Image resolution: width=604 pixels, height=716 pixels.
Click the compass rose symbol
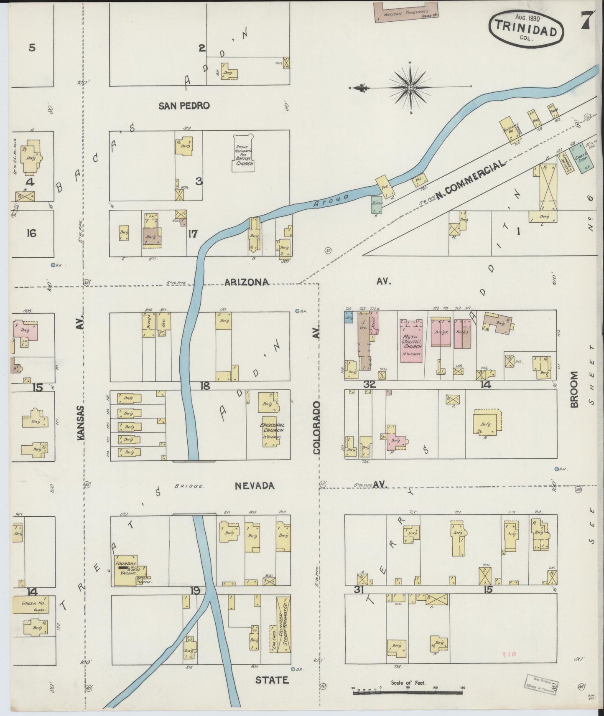tap(410, 87)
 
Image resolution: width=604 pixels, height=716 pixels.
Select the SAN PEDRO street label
tap(183, 106)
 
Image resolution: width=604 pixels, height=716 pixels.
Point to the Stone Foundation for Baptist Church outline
tap(243, 153)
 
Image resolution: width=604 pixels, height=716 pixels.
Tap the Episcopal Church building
tap(271, 431)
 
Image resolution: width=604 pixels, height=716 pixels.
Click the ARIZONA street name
tap(246, 282)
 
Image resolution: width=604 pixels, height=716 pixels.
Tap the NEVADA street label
tap(254, 486)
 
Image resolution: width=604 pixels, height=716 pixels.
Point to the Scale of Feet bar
tap(408, 692)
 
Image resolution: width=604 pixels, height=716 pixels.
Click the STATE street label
tap(272, 680)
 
